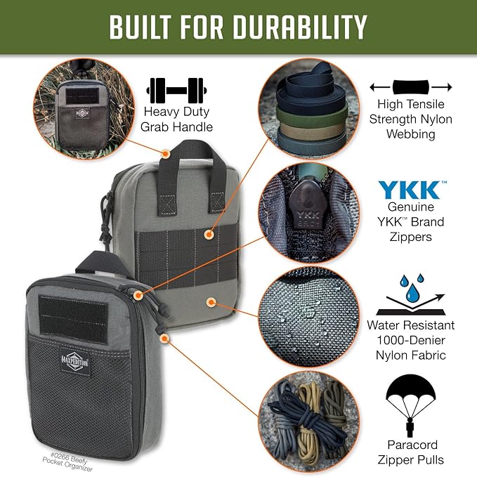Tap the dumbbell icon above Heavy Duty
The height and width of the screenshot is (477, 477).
[176, 91]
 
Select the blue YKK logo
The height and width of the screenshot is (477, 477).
[410, 190]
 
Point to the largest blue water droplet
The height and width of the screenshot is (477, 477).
[412, 292]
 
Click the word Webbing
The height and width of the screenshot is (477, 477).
[411, 134]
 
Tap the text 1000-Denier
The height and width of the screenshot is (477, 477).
[411, 340]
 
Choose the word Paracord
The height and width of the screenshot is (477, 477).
[412, 445]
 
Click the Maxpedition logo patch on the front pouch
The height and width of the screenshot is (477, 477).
[75, 362]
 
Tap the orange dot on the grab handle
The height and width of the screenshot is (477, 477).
[165, 154]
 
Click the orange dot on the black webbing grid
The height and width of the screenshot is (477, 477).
[209, 235]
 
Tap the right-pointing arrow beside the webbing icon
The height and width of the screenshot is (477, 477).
[441, 87]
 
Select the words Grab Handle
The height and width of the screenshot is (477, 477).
[176, 126]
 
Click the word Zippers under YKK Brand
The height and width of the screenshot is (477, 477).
[411, 237]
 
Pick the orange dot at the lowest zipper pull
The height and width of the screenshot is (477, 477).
[164, 339]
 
